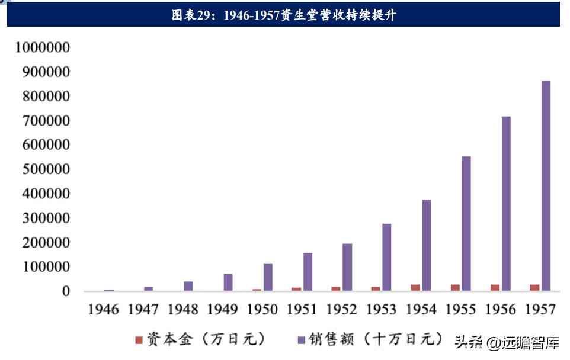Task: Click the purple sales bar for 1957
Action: tap(546, 185)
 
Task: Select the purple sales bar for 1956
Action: tap(506, 203)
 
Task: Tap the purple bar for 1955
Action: tap(466, 223)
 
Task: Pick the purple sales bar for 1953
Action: tap(386, 257)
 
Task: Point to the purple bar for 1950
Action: tap(268, 277)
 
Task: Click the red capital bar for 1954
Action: tap(415, 288)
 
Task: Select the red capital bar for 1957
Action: tap(534, 288)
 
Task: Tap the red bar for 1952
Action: tap(335, 289)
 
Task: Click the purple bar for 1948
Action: tap(188, 286)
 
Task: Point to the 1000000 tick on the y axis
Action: tap(43, 48)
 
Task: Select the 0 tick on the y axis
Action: tap(66, 291)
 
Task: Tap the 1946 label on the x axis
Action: tap(103, 309)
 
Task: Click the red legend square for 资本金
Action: tap(139, 340)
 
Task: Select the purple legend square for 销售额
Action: tap(301, 340)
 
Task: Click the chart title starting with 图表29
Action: tap(284, 15)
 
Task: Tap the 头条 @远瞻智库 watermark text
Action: tap(507, 342)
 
